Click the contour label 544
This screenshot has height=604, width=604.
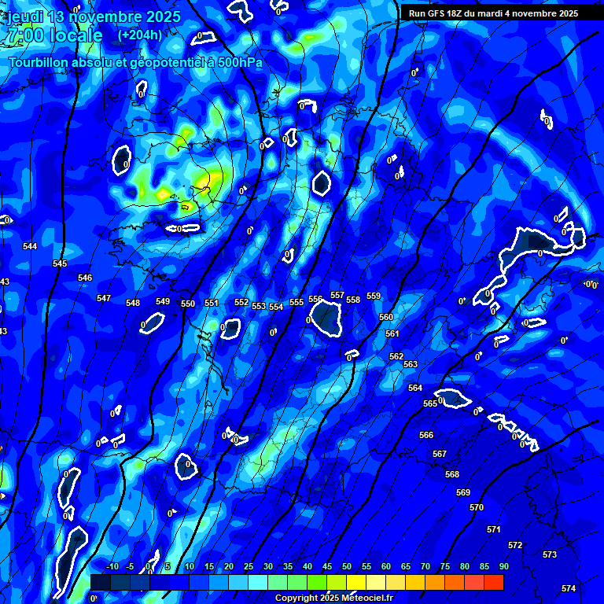(x=30, y=246)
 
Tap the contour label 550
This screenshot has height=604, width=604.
(x=188, y=304)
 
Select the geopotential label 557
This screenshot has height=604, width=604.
(x=337, y=295)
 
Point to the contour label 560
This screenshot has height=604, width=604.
(x=386, y=317)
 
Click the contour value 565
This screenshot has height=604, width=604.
(x=430, y=403)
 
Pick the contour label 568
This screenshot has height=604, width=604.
(x=452, y=474)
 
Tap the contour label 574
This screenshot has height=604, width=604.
(x=569, y=588)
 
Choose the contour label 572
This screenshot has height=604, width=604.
(x=515, y=545)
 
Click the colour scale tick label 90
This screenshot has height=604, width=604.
(x=503, y=566)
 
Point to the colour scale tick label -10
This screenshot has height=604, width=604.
(x=112, y=566)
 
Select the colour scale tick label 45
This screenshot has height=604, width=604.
(x=326, y=566)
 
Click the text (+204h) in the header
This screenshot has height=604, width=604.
(x=140, y=35)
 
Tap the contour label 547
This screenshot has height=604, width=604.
(x=104, y=298)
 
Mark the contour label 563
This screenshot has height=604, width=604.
(x=411, y=364)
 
